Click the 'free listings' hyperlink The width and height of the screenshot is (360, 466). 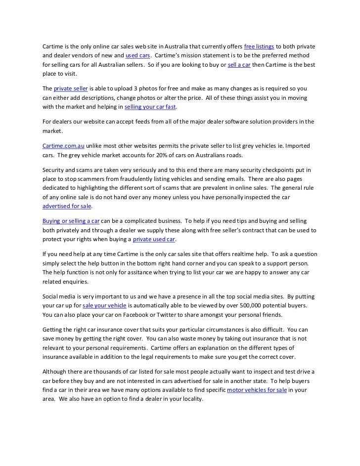click(x=259, y=47)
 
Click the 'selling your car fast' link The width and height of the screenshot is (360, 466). click(x=150, y=107)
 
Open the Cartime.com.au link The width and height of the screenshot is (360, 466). click(x=63, y=145)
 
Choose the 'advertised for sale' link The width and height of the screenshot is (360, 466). click(x=67, y=206)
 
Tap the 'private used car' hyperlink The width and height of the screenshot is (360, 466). click(x=154, y=240)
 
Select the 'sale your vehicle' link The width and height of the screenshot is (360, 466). click(x=105, y=305)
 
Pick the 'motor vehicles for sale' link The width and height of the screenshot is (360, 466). click(x=257, y=390)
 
